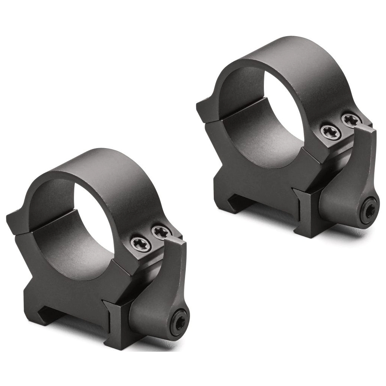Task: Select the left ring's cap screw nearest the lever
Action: [161, 232]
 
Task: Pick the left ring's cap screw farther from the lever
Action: [142, 244]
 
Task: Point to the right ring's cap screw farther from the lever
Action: [331, 132]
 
